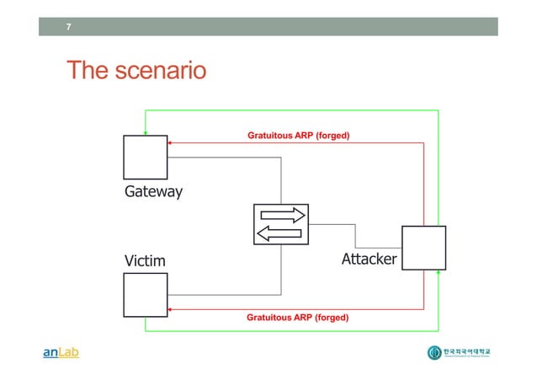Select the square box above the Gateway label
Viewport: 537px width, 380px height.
click(145, 157)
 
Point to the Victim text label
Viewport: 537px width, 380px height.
click(146, 260)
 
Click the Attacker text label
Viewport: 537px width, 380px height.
click(369, 259)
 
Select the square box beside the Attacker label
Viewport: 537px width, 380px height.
click(423, 248)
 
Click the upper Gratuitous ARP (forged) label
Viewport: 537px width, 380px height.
click(298, 135)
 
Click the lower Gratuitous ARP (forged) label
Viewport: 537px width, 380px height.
click(298, 318)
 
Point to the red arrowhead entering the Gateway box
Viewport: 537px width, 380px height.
click(170, 142)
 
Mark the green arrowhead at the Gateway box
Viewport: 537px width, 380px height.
click(145, 131)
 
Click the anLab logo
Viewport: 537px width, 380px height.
click(61, 353)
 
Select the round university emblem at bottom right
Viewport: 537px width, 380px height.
click(434, 353)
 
